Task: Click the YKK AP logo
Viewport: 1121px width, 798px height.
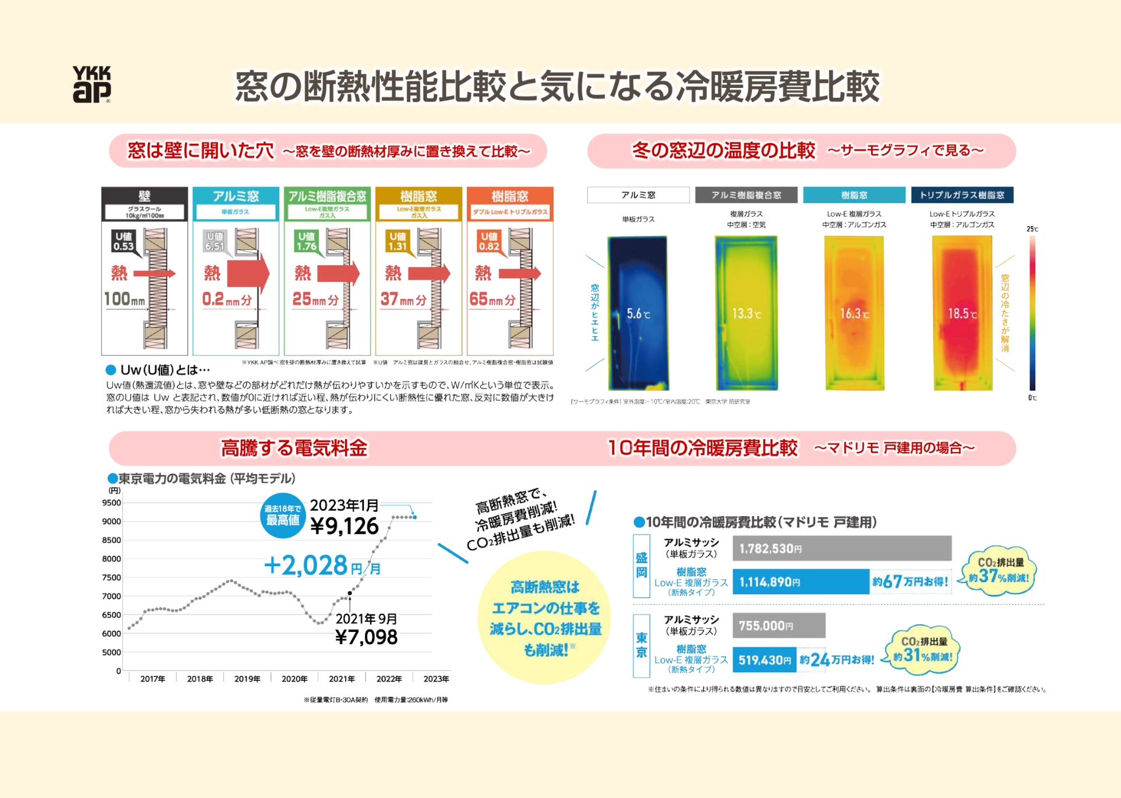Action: pos(92,84)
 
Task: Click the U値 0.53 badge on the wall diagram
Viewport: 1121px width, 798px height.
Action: pos(124,241)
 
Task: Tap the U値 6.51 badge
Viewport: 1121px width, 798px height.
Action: pos(215,241)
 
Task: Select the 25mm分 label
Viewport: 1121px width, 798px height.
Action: pos(315,299)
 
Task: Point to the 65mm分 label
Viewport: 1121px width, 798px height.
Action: pos(493,299)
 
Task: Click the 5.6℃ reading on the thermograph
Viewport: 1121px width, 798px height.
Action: pos(638,314)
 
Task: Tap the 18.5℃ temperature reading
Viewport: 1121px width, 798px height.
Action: pos(962,314)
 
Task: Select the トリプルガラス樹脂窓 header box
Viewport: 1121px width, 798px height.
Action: pos(962,195)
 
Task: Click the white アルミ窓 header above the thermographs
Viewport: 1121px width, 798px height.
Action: pos(638,195)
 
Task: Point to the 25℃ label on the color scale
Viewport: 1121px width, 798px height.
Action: pos(1032,229)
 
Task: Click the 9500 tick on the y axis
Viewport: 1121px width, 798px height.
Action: pos(111,503)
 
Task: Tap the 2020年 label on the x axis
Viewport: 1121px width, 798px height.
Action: pos(294,679)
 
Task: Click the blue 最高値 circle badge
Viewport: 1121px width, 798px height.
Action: pos(283,515)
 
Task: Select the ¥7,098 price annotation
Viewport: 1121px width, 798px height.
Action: pos(367,637)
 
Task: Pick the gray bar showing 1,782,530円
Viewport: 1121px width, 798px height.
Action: pos(842,549)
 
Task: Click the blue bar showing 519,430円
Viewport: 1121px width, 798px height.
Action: pos(765,660)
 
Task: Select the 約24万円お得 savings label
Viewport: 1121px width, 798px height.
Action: pos(837,659)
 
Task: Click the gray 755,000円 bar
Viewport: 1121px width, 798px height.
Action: pos(778,626)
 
